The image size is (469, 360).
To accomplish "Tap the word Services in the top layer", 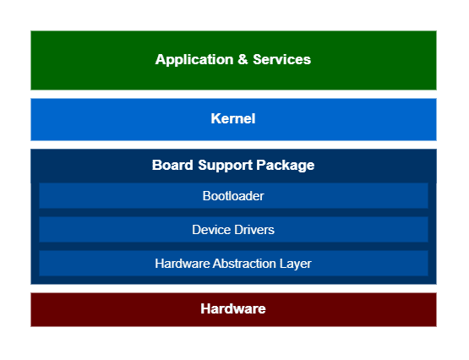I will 281,60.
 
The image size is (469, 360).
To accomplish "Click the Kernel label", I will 233,119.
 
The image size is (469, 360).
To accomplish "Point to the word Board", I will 172,165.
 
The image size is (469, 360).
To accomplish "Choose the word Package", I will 286,165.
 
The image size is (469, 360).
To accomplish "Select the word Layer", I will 297,264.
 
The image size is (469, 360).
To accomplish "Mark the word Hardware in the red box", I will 233,309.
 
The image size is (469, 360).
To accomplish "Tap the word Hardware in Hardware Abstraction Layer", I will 183,264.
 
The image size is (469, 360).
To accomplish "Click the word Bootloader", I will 233,195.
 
